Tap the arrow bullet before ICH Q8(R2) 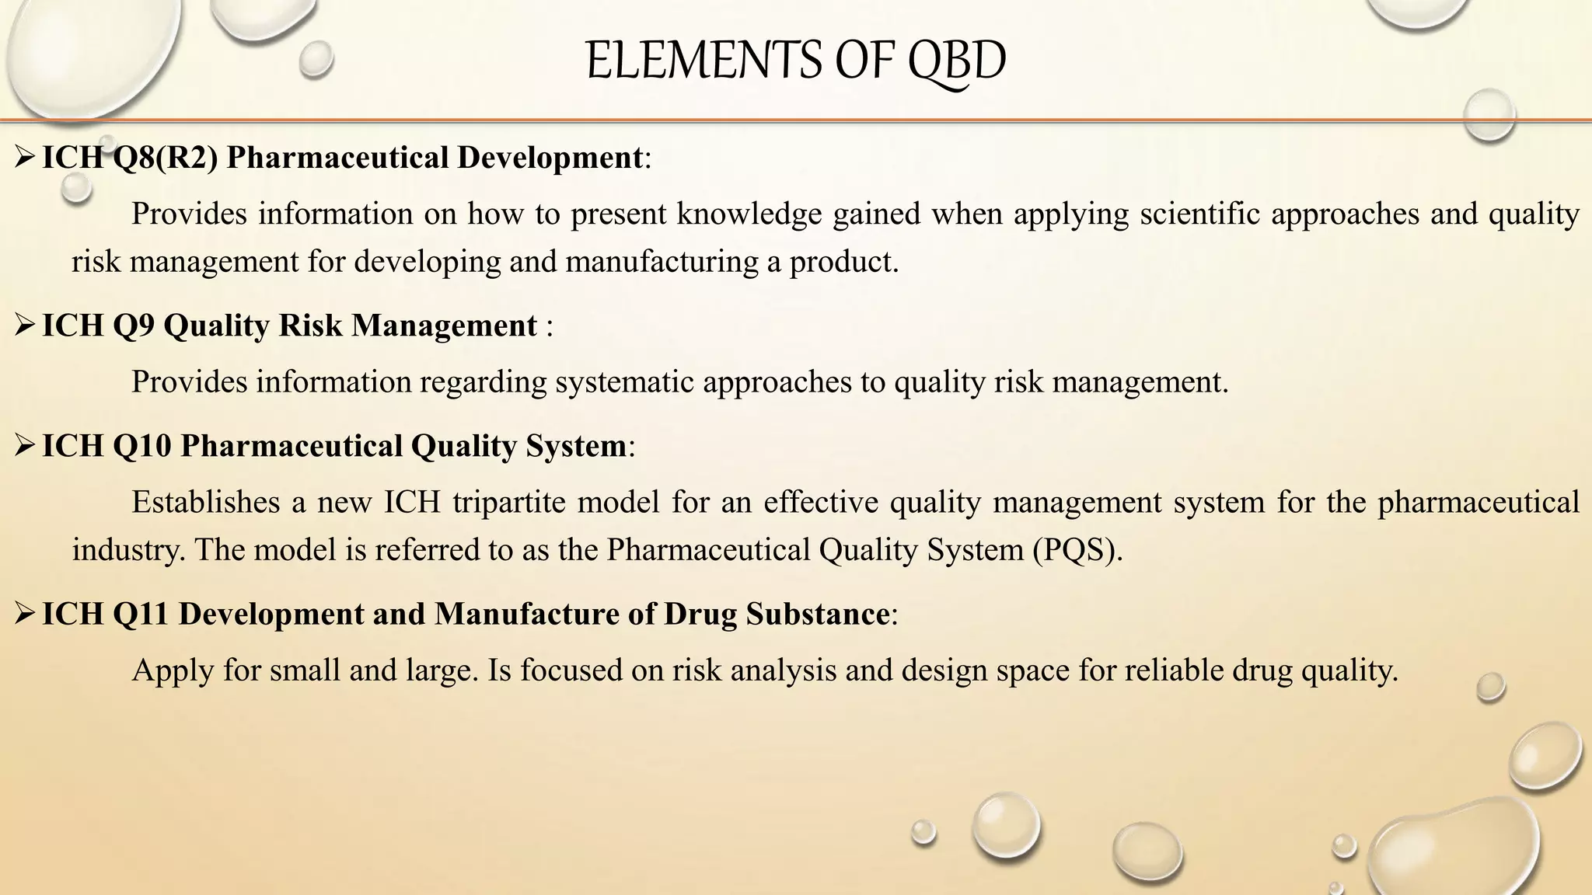coord(25,158)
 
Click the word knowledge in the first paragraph coord(749,214)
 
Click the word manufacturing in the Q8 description coord(662,262)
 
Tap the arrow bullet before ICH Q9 coord(25,326)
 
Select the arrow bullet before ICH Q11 coord(25,614)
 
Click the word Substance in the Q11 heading coord(817,614)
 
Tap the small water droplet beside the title coord(316,59)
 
